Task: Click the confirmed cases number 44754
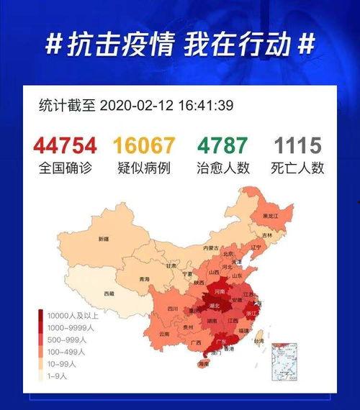tap(65, 146)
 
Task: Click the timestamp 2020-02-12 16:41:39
tap(166, 106)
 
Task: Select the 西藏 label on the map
tap(108, 293)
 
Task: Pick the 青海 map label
tap(144, 279)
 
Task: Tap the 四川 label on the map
tap(172, 309)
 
